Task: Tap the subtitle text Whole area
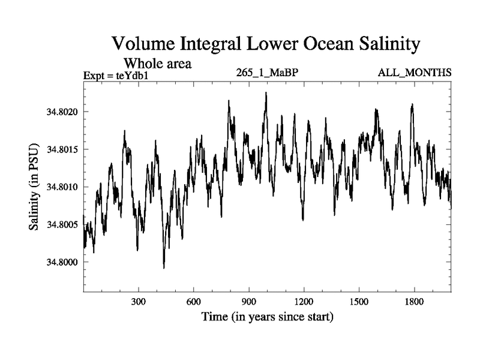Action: click(157, 63)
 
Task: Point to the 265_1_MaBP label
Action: click(268, 73)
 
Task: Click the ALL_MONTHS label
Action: click(415, 73)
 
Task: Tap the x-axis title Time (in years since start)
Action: click(267, 316)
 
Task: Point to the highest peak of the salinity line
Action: click(266, 93)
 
